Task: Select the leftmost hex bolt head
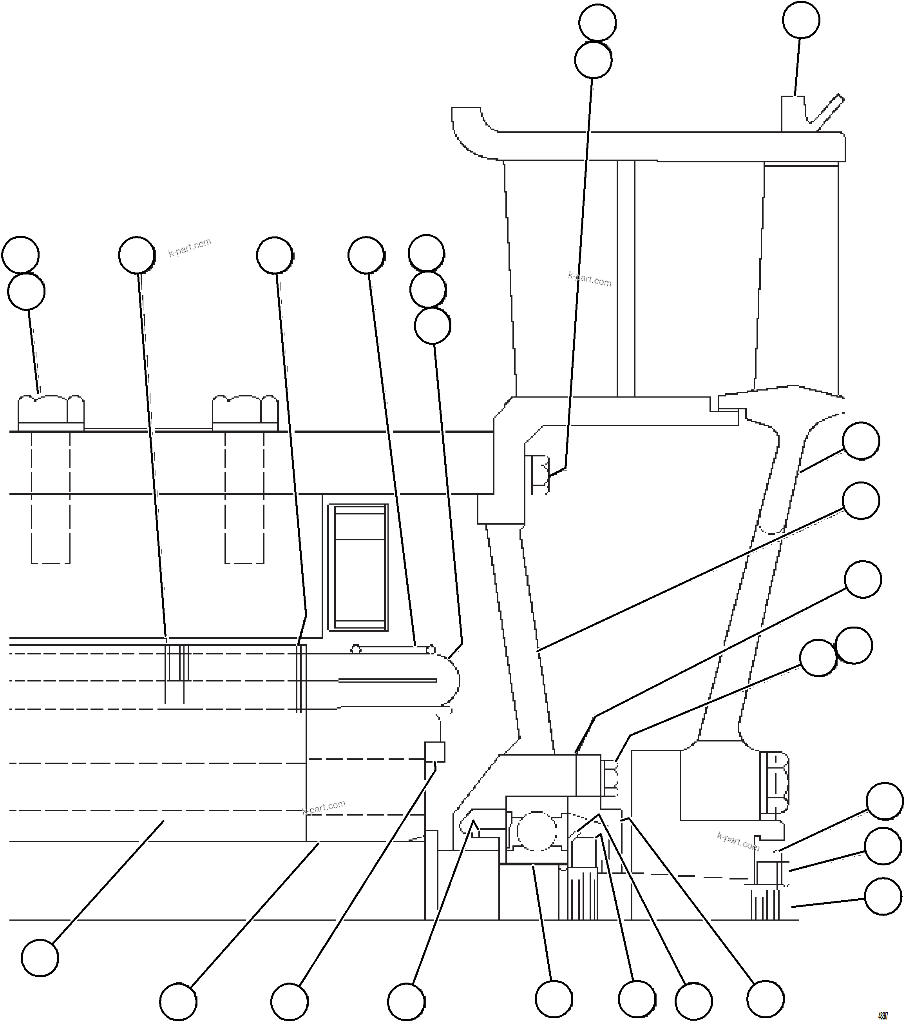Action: (51, 412)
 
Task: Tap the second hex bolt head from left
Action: (245, 412)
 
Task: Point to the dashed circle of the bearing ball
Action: (536, 831)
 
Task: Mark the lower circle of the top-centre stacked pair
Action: (593, 60)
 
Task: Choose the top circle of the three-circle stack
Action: (426, 253)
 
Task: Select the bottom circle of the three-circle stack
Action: (433, 326)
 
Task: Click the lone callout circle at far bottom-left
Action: (40, 958)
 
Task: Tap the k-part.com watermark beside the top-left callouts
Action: (190, 247)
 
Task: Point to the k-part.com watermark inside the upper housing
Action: (590, 279)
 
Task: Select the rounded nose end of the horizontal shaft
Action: (447, 681)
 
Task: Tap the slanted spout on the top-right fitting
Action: (827, 113)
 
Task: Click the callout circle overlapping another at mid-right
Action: (818, 658)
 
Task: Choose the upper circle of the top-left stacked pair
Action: (20, 255)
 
